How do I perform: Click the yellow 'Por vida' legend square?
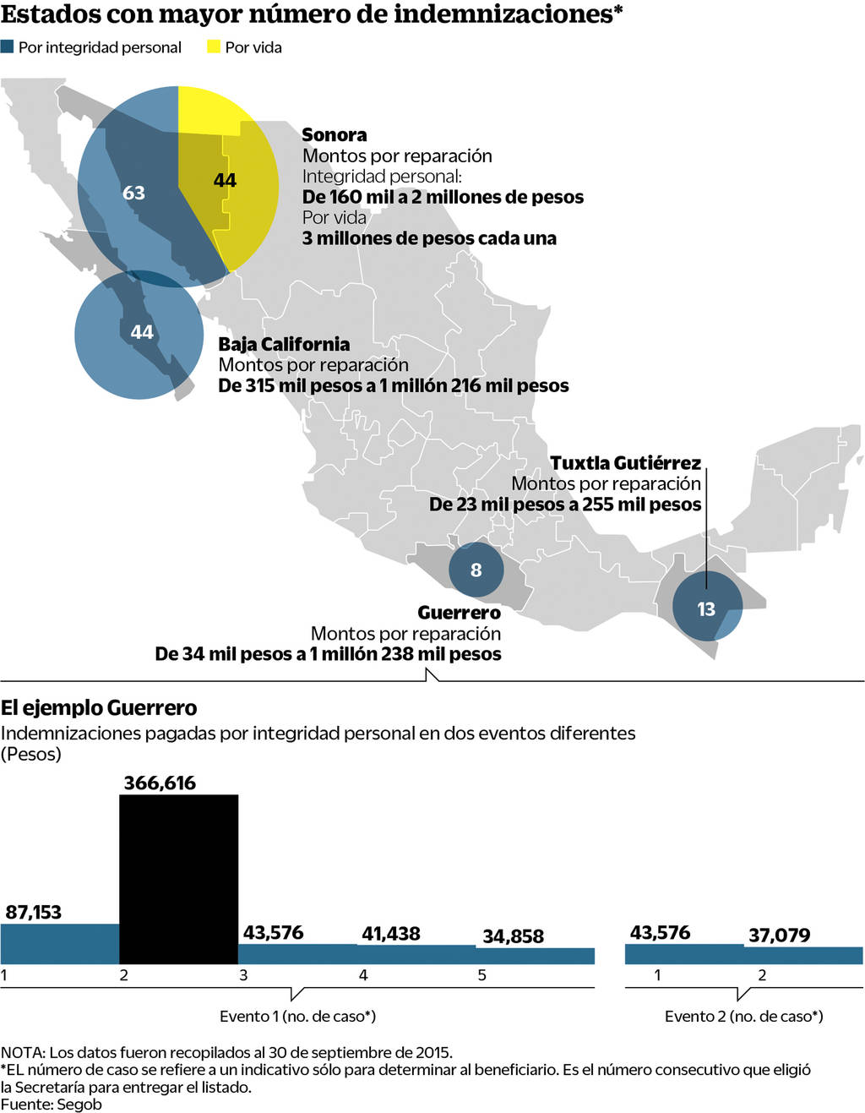pyautogui.click(x=214, y=47)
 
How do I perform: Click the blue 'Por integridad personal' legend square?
pyautogui.click(x=8, y=47)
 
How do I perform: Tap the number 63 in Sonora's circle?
pyautogui.click(x=133, y=193)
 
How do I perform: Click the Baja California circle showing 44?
pyautogui.click(x=140, y=333)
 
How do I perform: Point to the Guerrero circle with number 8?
pyautogui.click(x=476, y=570)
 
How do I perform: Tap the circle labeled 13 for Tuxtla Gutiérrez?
pyautogui.click(x=706, y=608)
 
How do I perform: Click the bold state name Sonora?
pyautogui.click(x=335, y=135)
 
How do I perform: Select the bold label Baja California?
pyautogui.click(x=284, y=344)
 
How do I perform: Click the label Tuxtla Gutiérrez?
pyautogui.click(x=625, y=463)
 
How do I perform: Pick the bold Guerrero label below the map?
pyautogui.click(x=459, y=613)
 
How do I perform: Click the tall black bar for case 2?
pyautogui.click(x=178, y=879)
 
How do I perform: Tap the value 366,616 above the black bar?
pyautogui.click(x=160, y=783)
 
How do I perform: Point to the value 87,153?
pyautogui.click(x=34, y=912)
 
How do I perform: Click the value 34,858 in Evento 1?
pyautogui.click(x=513, y=936)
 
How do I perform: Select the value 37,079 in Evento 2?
pyautogui.click(x=779, y=936)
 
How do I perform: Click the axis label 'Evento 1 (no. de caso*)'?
pyautogui.click(x=297, y=1016)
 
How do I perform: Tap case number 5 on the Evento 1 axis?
pyautogui.click(x=482, y=975)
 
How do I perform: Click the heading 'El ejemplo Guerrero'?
pyautogui.click(x=99, y=708)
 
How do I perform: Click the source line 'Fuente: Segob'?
pyautogui.click(x=51, y=1105)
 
